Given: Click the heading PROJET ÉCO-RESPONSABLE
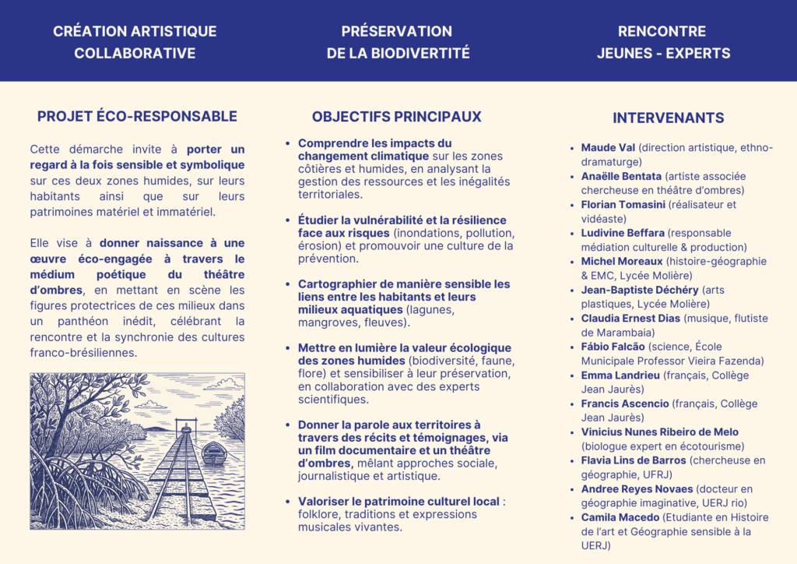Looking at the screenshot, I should (137, 116).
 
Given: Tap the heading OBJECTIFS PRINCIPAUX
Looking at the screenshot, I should (397, 116).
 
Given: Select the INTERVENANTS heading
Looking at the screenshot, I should (668, 118).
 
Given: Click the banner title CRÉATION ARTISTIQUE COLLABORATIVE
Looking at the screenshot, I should (135, 42).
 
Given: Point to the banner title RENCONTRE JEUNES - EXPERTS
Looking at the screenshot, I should (662, 42).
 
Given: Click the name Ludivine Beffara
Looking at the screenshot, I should (623, 232).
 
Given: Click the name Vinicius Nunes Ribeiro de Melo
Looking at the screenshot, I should (660, 432).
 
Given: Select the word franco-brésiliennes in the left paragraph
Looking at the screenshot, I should (83, 352).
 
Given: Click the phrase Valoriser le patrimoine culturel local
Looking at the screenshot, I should (398, 501).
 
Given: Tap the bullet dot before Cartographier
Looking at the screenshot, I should (288, 284).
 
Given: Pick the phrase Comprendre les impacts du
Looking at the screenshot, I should (374, 143).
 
